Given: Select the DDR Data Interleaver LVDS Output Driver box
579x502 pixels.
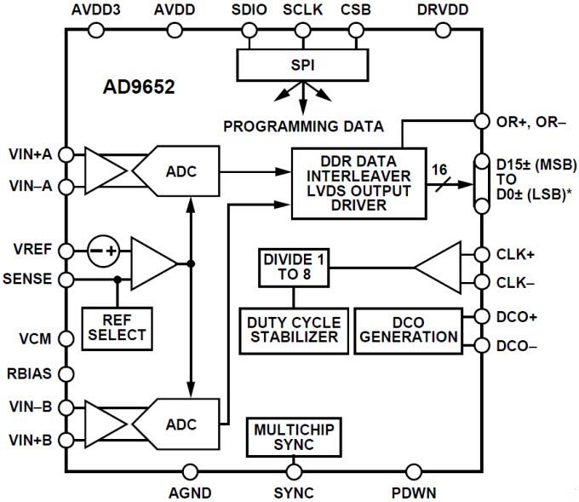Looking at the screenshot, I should (358, 182).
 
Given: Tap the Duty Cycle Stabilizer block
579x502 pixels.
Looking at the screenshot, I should (294, 329).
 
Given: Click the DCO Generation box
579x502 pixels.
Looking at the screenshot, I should (407, 329).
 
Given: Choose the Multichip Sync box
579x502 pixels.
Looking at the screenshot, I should (294, 438).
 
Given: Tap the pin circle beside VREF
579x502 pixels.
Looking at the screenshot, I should (67, 251).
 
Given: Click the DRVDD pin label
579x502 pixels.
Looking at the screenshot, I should (441, 10).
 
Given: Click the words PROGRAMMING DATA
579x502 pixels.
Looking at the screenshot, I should (303, 126).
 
